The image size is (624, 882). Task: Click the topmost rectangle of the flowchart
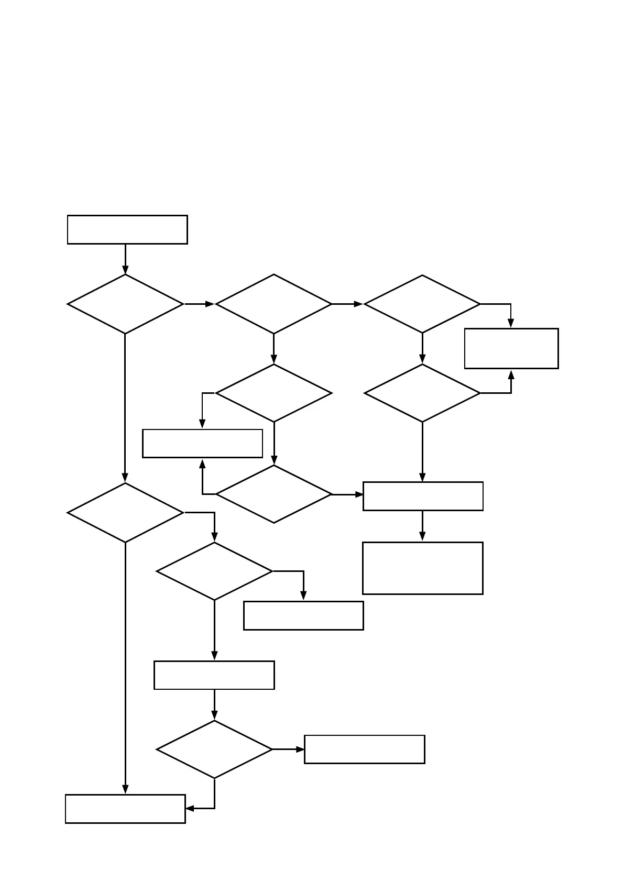click(x=127, y=229)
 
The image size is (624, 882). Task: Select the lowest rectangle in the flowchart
click(x=125, y=809)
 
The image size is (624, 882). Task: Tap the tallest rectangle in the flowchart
click(x=422, y=568)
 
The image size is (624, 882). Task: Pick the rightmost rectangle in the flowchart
click(x=511, y=348)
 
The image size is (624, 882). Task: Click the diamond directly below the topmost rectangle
click(x=125, y=304)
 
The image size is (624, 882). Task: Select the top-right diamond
click(x=422, y=304)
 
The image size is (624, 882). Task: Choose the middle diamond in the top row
click(x=273, y=304)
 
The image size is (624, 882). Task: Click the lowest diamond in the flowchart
click(x=214, y=749)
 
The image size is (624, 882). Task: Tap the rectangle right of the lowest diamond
click(x=364, y=749)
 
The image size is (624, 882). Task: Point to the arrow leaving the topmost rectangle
click(x=125, y=259)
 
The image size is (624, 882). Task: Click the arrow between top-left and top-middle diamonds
click(x=199, y=304)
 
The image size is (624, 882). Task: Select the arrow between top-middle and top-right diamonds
click(x=347, y=304)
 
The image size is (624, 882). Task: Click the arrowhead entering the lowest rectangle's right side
click(x=190, y=809)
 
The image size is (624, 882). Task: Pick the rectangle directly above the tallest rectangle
click(x=422, y=496)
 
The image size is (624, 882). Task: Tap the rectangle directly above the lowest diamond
click(x=214, y=675)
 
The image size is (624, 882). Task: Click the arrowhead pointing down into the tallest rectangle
click(x=422, y=537)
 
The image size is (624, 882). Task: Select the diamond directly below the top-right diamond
click(x=422, y=393)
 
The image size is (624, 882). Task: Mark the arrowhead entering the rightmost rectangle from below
click(x=511, y=374)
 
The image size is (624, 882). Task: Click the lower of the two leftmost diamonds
click(x=125, y=512)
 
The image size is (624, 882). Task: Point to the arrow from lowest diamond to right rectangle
click(x=288, y=749)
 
